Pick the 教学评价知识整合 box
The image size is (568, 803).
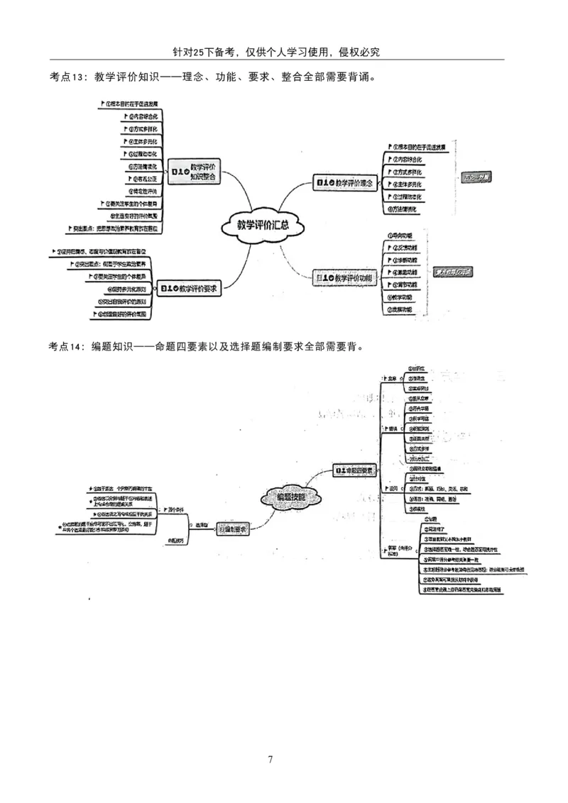pyautogui.click(x=193, y=171)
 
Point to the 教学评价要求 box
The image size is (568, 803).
pyautogui.click(x=188, y=289)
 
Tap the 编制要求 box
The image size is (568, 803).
pyautogui.click(x=233, y=529)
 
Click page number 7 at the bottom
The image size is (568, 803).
pyautogui.click(x=271, y=759)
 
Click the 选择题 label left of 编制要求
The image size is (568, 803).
pyautogui.click(x=202, y=525)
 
